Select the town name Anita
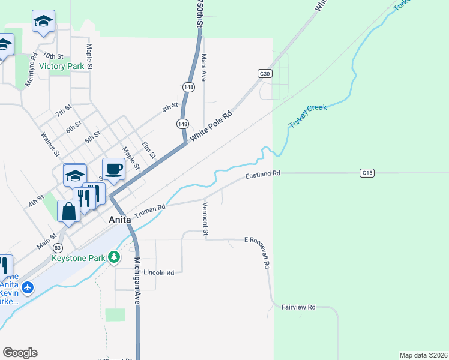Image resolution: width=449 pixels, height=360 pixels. tap(121, 220)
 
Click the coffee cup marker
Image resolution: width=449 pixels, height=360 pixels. tap(113, 169)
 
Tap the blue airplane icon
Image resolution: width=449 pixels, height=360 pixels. tap(28, 288)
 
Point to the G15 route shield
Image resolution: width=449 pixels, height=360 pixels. tap(367, 173)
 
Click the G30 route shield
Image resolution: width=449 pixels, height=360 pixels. tap(265, 73)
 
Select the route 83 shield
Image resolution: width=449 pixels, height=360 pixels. tap(58, 247)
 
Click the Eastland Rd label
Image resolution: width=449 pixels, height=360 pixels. tap(263, 175)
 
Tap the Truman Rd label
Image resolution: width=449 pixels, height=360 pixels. tap(149, 211)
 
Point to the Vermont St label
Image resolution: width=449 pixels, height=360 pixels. tap(205, 219)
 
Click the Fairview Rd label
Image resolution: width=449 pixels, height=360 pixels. tap(298, 307)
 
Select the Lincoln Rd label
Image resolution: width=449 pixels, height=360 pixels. tap(158, 272)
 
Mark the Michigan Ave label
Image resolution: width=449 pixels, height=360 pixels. tap(137, 282)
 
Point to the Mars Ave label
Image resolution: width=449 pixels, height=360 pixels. tap(204, 68)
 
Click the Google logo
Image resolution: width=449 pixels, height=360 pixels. tap(20, 353)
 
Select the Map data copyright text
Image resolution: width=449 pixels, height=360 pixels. tap(424, 355)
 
